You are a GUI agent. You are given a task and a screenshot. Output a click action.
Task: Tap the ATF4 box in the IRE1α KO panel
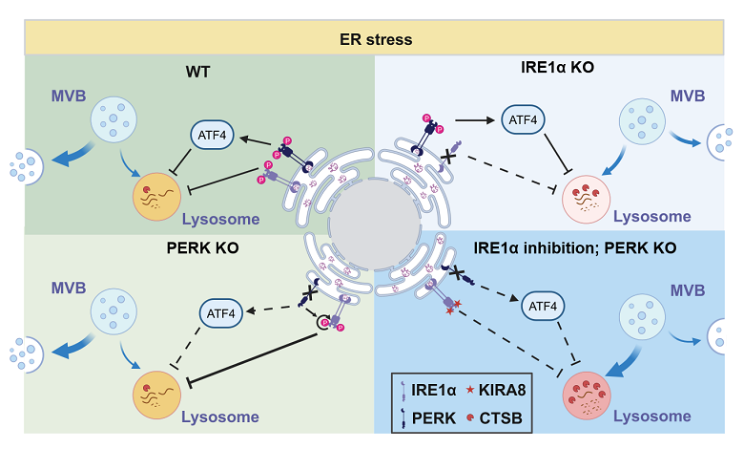[524, 120]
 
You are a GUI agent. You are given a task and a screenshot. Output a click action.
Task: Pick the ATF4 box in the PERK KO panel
[220, 310]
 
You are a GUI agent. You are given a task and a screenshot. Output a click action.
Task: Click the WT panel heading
[198, 72]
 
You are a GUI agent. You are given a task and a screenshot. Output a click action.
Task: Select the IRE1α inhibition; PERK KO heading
[575, 247]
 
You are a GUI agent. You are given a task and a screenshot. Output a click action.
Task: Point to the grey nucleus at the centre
[374, 224]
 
